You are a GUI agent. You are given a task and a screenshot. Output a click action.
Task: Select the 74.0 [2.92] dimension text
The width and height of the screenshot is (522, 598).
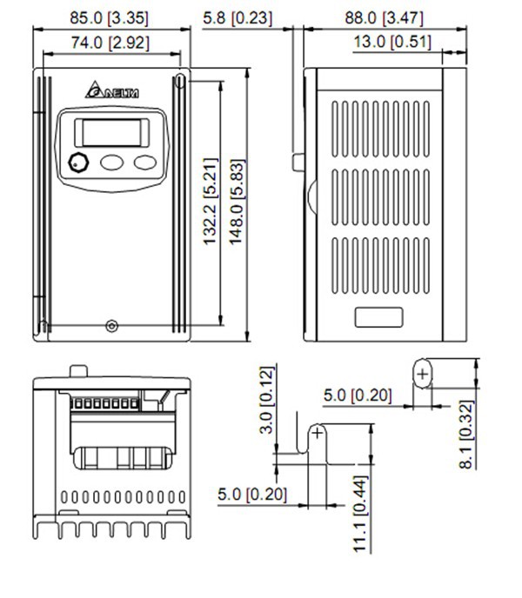[x=111, y=41]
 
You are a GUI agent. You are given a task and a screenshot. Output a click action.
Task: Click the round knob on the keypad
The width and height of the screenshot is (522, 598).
[x=78, y=162]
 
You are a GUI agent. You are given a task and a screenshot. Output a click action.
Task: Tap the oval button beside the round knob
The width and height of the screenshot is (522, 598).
[x=111, y=162]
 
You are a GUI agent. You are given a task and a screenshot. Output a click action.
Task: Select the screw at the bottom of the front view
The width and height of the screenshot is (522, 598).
[x=110, y=326]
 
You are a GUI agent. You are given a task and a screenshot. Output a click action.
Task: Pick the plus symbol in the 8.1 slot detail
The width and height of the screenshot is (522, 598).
[x=422, y=375]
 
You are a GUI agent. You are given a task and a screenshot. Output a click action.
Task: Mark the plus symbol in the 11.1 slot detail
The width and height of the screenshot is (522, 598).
[x=318, y=432]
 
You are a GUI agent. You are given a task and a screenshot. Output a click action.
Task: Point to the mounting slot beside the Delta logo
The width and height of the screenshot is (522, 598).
[x=179, y=83]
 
